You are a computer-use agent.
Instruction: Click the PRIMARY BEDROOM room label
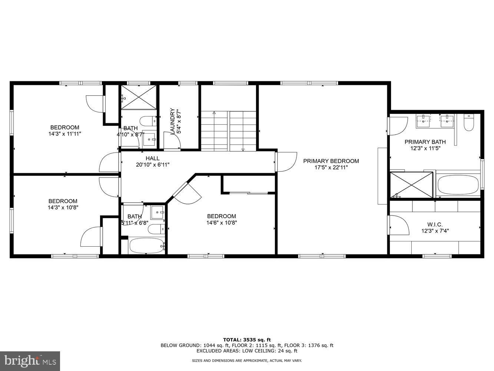[331, 161]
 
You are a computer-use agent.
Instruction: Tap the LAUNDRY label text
[172, 121]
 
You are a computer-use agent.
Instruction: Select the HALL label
[152, 158]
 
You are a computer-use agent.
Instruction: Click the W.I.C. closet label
[435, 224]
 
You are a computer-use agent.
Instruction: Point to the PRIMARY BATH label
[425, 142]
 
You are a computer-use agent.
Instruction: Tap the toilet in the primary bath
[469, 123]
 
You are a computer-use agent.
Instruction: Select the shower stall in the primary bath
[411, 185]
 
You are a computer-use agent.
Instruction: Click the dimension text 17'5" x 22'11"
[331, 167]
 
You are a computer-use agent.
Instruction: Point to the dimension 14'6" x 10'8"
[222, 223]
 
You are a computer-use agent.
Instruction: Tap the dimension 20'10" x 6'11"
[152, 165]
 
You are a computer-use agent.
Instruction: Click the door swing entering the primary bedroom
[286, 162]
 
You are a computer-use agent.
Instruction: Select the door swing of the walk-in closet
[398, 225]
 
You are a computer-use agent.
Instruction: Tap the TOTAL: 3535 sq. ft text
[247, 339]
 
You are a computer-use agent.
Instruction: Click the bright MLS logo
[30, 361]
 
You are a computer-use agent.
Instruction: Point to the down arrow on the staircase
[243, 149]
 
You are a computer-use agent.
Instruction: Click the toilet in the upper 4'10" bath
[148, 121]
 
